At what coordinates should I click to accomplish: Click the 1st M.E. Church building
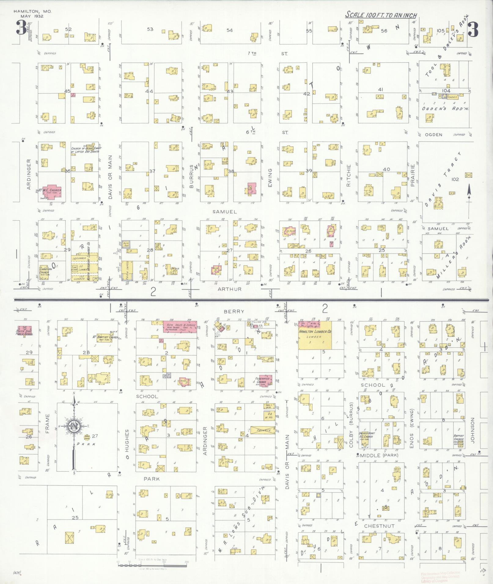[51, 191]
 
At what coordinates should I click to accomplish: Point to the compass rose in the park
[74, 426]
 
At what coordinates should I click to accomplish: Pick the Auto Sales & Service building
[180, 327]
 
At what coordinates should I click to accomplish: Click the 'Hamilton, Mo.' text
[32, 11]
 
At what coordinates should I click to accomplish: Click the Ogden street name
[433, 135]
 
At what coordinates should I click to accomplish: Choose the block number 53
[150, 29]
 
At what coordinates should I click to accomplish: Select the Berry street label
[234, 311]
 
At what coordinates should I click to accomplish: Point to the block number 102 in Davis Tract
[455, 179]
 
